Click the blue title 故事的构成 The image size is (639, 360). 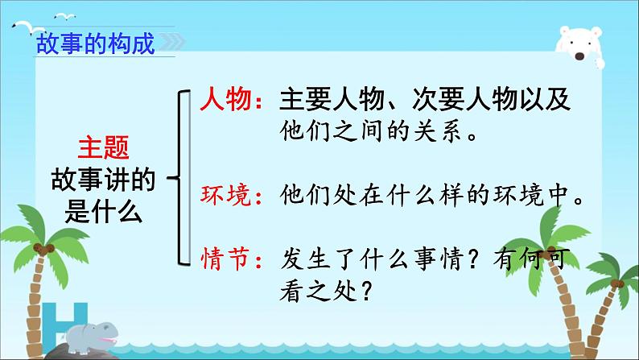coord(96,43)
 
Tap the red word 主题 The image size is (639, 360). coord(104,147)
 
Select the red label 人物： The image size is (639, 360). coord(232,99)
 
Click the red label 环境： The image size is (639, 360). coord(232,195)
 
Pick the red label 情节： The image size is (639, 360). coord(232,259)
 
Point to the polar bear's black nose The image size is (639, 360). coord(579,56)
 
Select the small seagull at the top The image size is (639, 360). coord(65,17)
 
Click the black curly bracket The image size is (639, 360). coord(179,178)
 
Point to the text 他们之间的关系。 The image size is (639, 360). coord(379,130)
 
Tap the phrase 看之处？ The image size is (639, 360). coord(326,291)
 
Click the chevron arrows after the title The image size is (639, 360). coord(172,42)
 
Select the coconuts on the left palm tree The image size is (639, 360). coord(43,248)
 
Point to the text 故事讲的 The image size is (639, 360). coord(104,180)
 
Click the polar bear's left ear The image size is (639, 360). coord(564,31)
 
